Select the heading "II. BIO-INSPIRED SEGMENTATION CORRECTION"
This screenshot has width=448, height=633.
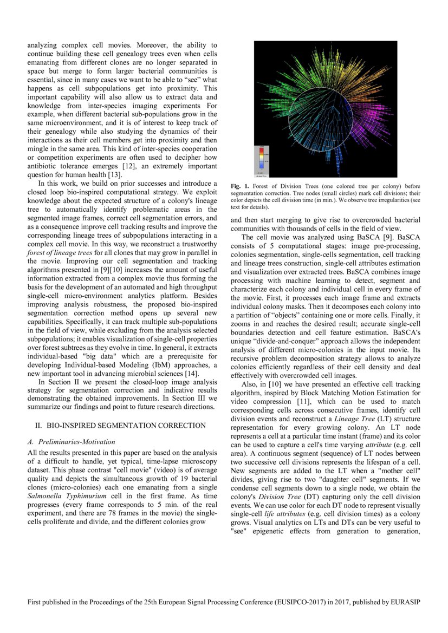pos(116,425)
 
